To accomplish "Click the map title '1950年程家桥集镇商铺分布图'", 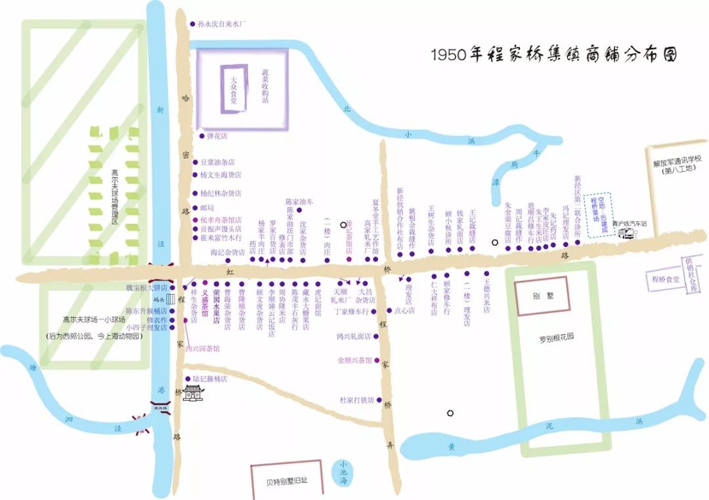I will click(x=553, y=54).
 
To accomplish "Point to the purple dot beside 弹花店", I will click(x=202, y=136).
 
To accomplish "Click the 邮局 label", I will click(x=207, y=207).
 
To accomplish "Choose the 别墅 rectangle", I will click(x=542, y=295).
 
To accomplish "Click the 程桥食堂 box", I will click(x=664, y=278).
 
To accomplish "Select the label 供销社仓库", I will click(x=691, y=275).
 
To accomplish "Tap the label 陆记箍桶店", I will click(x=209, y=379).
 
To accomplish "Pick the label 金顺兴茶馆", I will click(x=354, y=360).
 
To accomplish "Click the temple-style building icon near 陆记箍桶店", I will click(x=194, y=393).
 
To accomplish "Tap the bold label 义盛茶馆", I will click(x=205, y=304).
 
